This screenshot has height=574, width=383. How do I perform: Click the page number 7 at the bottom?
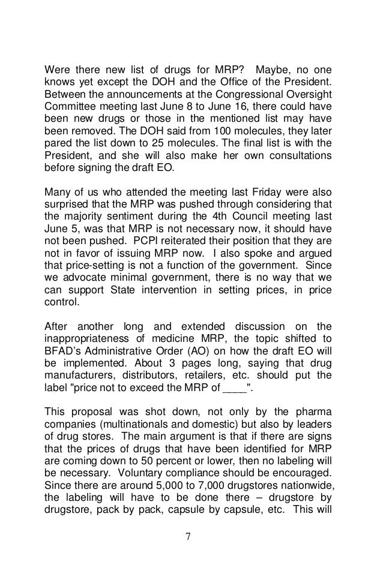[191, 535]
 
